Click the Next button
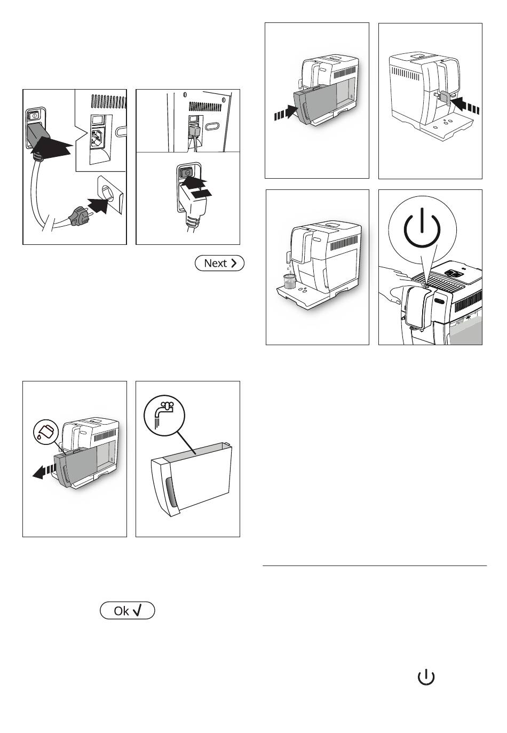click(x=219, y=263)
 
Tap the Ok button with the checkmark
click(x=128, y=611)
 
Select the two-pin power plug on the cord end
click(x=79, y=216)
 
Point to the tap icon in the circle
click(x=164, y=415)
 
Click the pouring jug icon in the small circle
click(x=46, y=432)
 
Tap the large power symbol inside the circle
click(x=422, y=227)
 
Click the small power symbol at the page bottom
click(x=426, y=677)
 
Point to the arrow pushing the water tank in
click(x=286, y=112)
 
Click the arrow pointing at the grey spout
click(x=465, y=105)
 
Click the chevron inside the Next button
click(x=234, y=263)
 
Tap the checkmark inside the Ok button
click(x=137, y=610)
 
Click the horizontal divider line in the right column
click(x=375, y=565)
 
